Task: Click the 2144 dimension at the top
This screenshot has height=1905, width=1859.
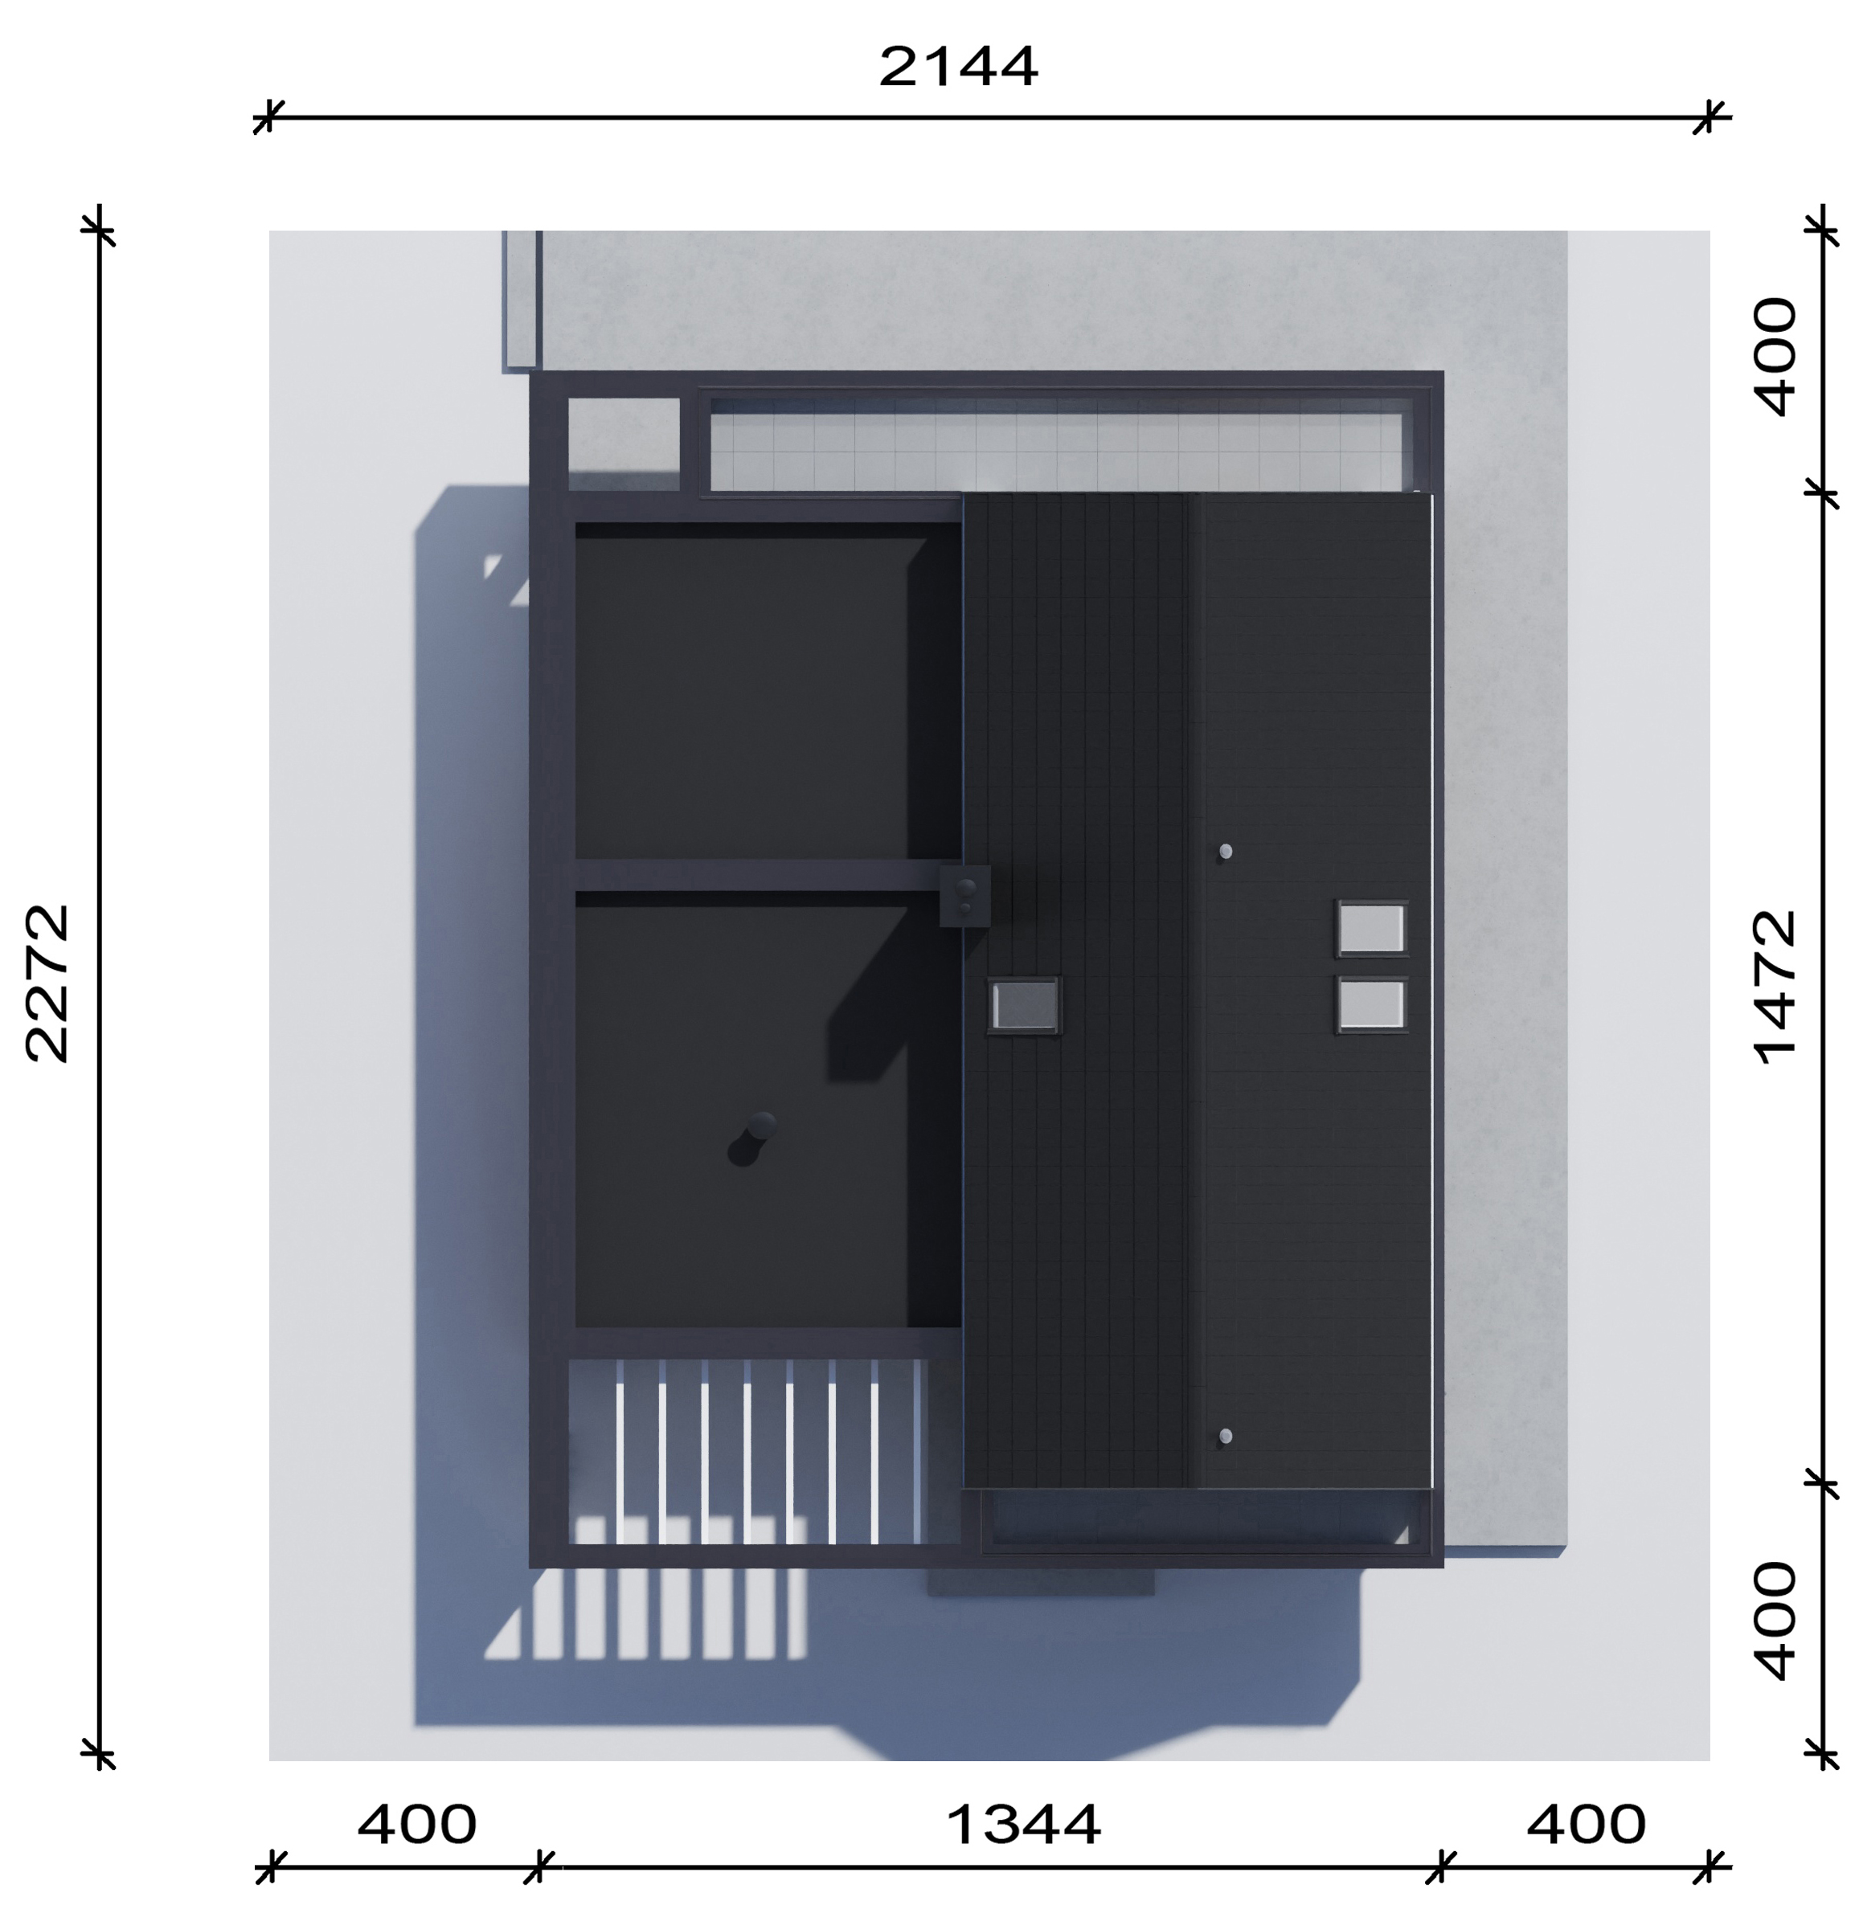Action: click(958, 67)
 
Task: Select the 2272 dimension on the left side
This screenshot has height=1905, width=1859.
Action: click(47, 983)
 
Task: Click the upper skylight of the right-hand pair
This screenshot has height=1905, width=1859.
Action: click(1371, 928)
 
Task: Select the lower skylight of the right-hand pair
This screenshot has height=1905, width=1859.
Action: click(1371, 1005)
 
